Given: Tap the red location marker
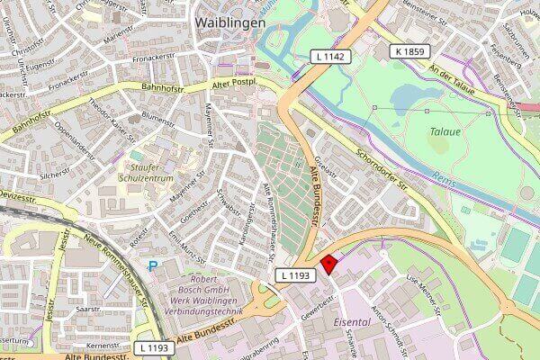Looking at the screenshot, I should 330,263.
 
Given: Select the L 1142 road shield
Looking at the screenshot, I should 328,56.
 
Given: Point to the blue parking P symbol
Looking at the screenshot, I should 152,266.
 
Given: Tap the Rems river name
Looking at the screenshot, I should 444,176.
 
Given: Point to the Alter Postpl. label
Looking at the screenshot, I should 233,83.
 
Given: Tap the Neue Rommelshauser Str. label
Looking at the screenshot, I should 115,261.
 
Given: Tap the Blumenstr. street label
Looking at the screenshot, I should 157,118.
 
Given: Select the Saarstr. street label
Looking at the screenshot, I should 87,308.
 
